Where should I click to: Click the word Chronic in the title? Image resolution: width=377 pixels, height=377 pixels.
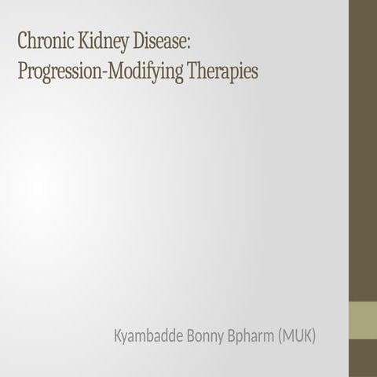(x=46, y=39)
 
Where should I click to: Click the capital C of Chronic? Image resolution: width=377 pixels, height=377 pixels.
(x=24, y=39)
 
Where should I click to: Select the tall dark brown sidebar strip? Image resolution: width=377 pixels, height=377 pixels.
(x=363, y=149)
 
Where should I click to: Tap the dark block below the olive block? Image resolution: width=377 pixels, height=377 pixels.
(x=363, y=358)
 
